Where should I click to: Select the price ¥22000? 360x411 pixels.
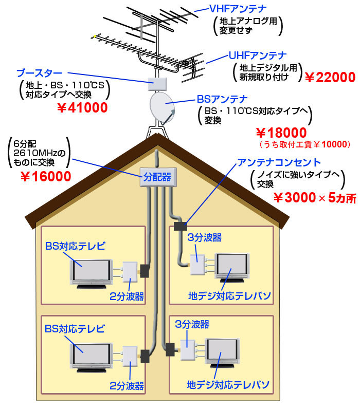pyautogui.click(x=330, y=78)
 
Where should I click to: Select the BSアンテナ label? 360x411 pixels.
pyautogui.click(x=222, y=98)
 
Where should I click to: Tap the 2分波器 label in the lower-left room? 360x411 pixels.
pyautogui.click(x=127, y=385)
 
